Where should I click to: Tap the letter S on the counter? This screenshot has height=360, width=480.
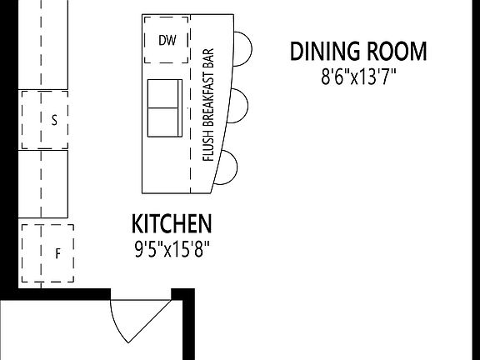coord(54,120)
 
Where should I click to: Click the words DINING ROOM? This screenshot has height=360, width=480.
coord(358,51)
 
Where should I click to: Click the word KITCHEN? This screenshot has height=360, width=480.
coord(172,223)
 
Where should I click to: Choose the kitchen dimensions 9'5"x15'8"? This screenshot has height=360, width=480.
coord(172,248)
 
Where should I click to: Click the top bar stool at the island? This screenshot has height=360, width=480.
coord(241,47)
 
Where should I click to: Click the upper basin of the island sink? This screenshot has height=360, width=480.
coord(163,93)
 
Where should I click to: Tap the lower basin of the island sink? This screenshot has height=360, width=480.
coord(163,122)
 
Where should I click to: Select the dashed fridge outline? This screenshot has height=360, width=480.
coord(47,252)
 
